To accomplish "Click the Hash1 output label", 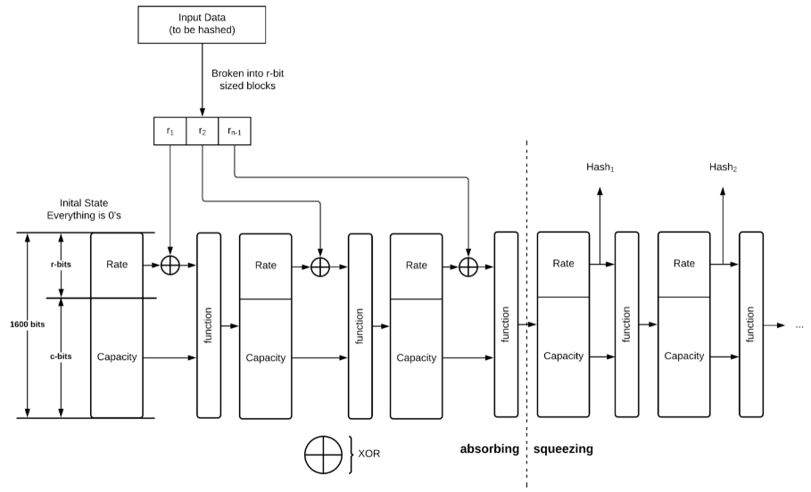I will coord(600,167).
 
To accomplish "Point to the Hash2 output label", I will coord(723,167).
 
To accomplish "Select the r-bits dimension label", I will coord(60,265).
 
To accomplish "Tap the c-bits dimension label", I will coord(60,357).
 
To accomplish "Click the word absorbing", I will coord(489,449).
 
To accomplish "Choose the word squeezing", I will coord(563,449).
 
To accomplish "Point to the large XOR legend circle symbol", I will coord(324,454).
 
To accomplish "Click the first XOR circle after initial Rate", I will coord(170,265).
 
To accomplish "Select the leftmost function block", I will coord(208,325).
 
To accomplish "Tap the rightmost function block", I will coord(751,325).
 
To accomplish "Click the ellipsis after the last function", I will coord(799,326).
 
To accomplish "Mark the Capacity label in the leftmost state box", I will coord(116,357).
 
